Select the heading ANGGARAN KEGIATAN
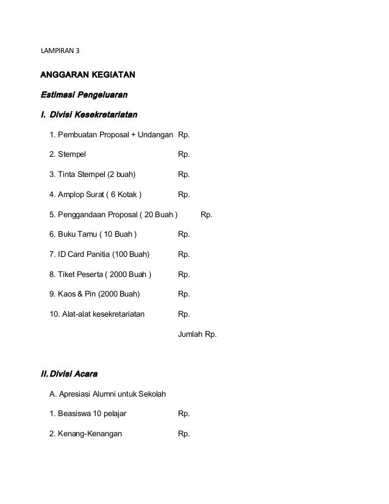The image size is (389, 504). (x=87, y=75)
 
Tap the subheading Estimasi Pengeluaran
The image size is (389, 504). (x=84, y=95)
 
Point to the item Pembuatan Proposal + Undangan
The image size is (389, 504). (x=111, y=135)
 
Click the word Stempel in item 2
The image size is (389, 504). (x=72, y=155)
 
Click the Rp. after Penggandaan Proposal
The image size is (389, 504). (x=207, y=215)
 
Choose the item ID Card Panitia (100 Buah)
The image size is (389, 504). (x=99, y=254)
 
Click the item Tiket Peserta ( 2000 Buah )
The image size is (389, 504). (x=101, y=275)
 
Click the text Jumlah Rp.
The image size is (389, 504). (x=196, y=334)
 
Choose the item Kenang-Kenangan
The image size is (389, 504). (x=85, y=434)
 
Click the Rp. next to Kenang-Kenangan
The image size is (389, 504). (x=184, y=434)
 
